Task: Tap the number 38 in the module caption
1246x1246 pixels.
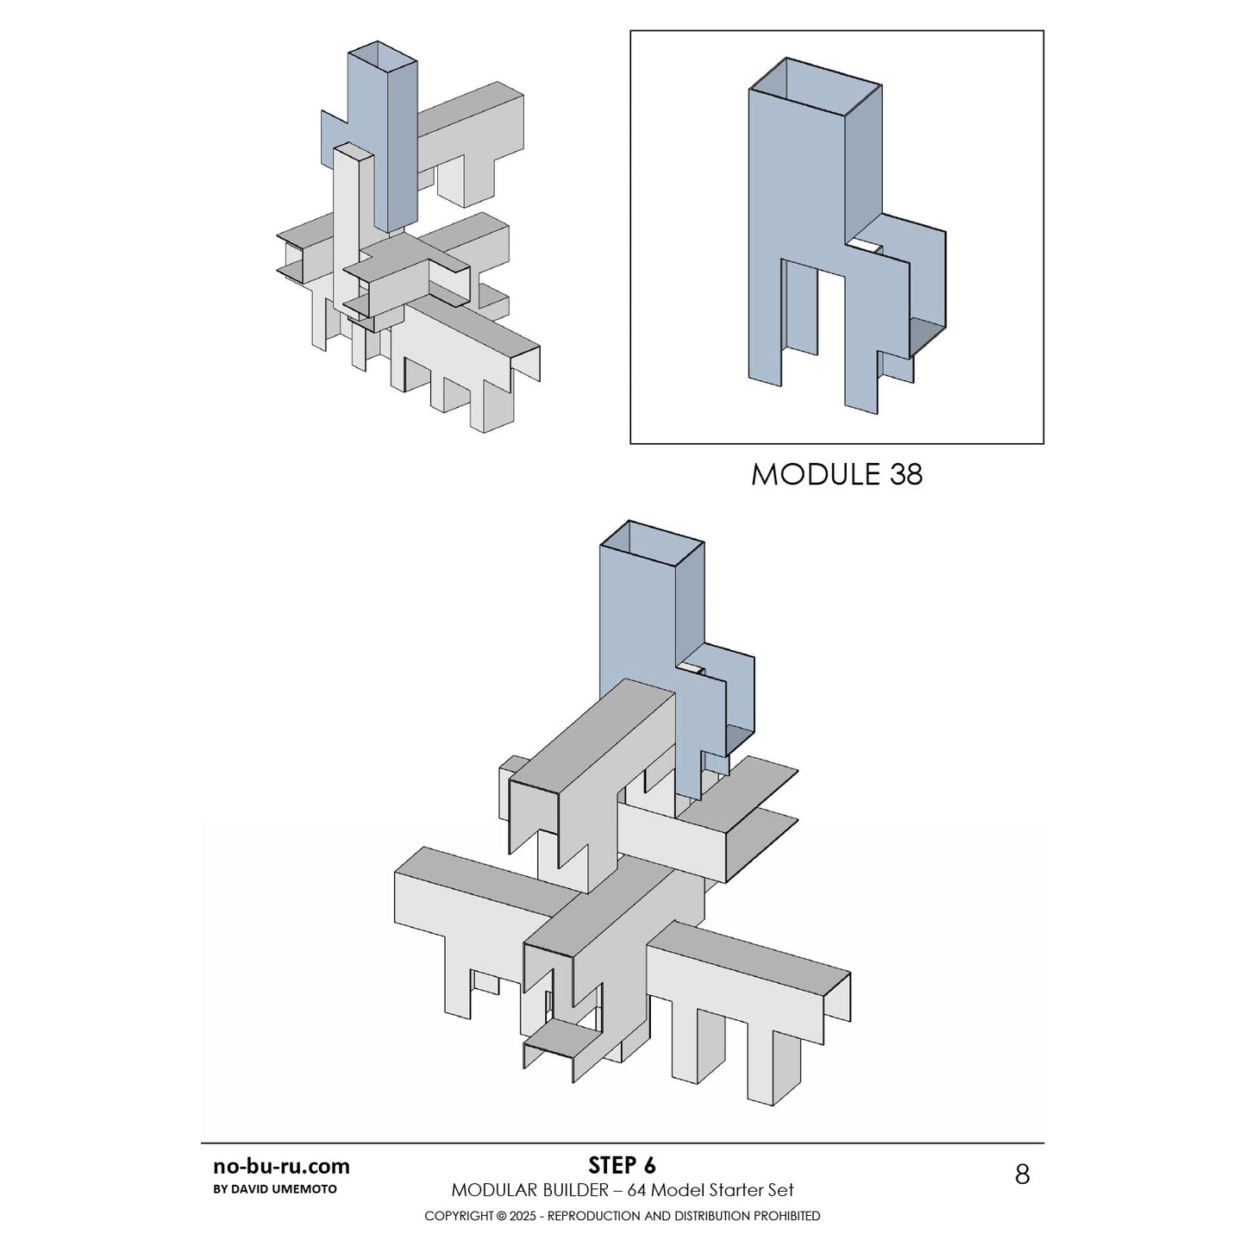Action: (x=905, y=474)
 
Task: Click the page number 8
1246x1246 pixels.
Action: (x=1022, y=1174)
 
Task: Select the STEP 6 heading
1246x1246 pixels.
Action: (x=622, y=1166)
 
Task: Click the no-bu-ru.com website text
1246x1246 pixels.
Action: (x=281, y=1167)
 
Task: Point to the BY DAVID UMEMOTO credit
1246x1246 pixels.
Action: (x=274, y=1189)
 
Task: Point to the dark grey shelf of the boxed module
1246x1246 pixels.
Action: (x=927, y=332)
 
